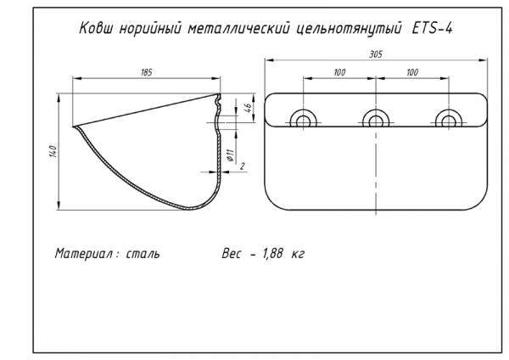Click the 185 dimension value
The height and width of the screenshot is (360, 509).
click(x=146, y=73)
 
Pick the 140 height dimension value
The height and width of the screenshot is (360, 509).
click(x=53, y=151)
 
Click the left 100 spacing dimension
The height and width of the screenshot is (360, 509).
click(x=339, y=73)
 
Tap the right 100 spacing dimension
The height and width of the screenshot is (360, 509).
click(x=412, y=73)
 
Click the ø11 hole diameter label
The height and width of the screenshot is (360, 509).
click(x=230, y=155)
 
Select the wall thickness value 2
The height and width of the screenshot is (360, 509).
click(x=243, y=166)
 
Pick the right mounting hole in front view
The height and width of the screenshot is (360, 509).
click(x=448, y=120)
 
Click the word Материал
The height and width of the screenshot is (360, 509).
click(x=83, y=253)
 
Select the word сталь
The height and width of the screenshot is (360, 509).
click(x=141, y=253)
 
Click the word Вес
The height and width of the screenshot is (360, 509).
click(x=230, y=253)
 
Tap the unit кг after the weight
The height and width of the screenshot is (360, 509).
click(x=297, y=253)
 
